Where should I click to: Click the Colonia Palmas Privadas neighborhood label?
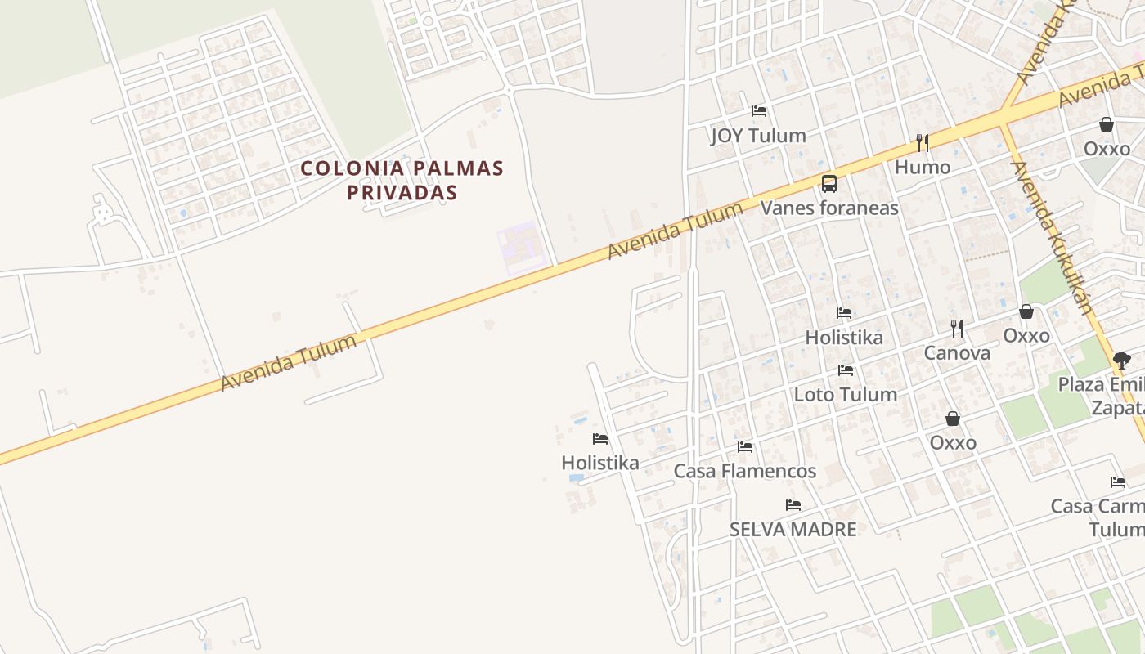pyautogui.click(x=402, y=180)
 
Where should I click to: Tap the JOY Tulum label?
pyautogui.click(x=758, y=135)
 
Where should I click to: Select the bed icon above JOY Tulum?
pyautogui.click(x=759, y=111)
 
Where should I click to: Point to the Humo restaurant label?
pyautogui.click(x=923, y=167)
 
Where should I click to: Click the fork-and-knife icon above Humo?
pyautogui.click(x=923, y=143)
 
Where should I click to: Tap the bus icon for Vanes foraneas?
pyautogui.click(x=829, y=183)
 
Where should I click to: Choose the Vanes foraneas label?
pyautogui.click(x=829, y=208)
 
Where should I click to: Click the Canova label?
pyautogui.click(x=957, y=353)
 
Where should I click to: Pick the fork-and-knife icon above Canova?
pyautogui.click(x=957, y=329)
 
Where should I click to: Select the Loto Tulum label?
pyautogui.click(x=846, y=394)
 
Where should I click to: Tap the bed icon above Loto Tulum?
pyautogui.click(x=846, y=370)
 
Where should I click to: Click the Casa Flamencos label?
pyautogui.click(x=744, y=471)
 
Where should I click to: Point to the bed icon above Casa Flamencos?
pyautogui.click(x=744, y=447)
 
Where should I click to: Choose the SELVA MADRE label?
pyautogui.click(x=793, y=529)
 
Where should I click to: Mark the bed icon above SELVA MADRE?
pyautogui.click(x=793, y=505)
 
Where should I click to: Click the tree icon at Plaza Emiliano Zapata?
pyautogui.click(x=1122, y=360)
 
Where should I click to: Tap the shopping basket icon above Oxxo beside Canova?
pyautogui.click(x=1026, y=311)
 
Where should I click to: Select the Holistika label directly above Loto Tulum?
pyautogui.click(x=844, y=337)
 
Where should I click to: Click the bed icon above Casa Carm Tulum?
pyautogui.click(x=1118, y=482)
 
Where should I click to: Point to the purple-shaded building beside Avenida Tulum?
pyautogui.click(x=521, y=248)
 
